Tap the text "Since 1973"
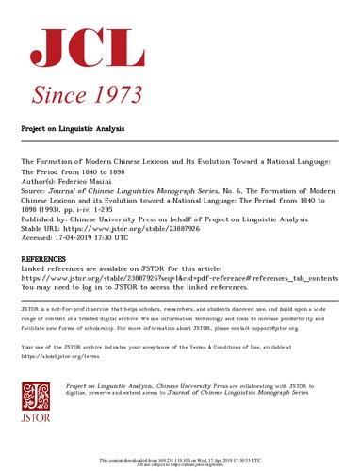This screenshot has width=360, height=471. pyautogui.click(x=87, y=92)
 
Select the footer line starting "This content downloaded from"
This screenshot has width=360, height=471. pyautogui.click(x=179, y=459)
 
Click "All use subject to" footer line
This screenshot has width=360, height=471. pyautogui.click(x=179, y=464)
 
